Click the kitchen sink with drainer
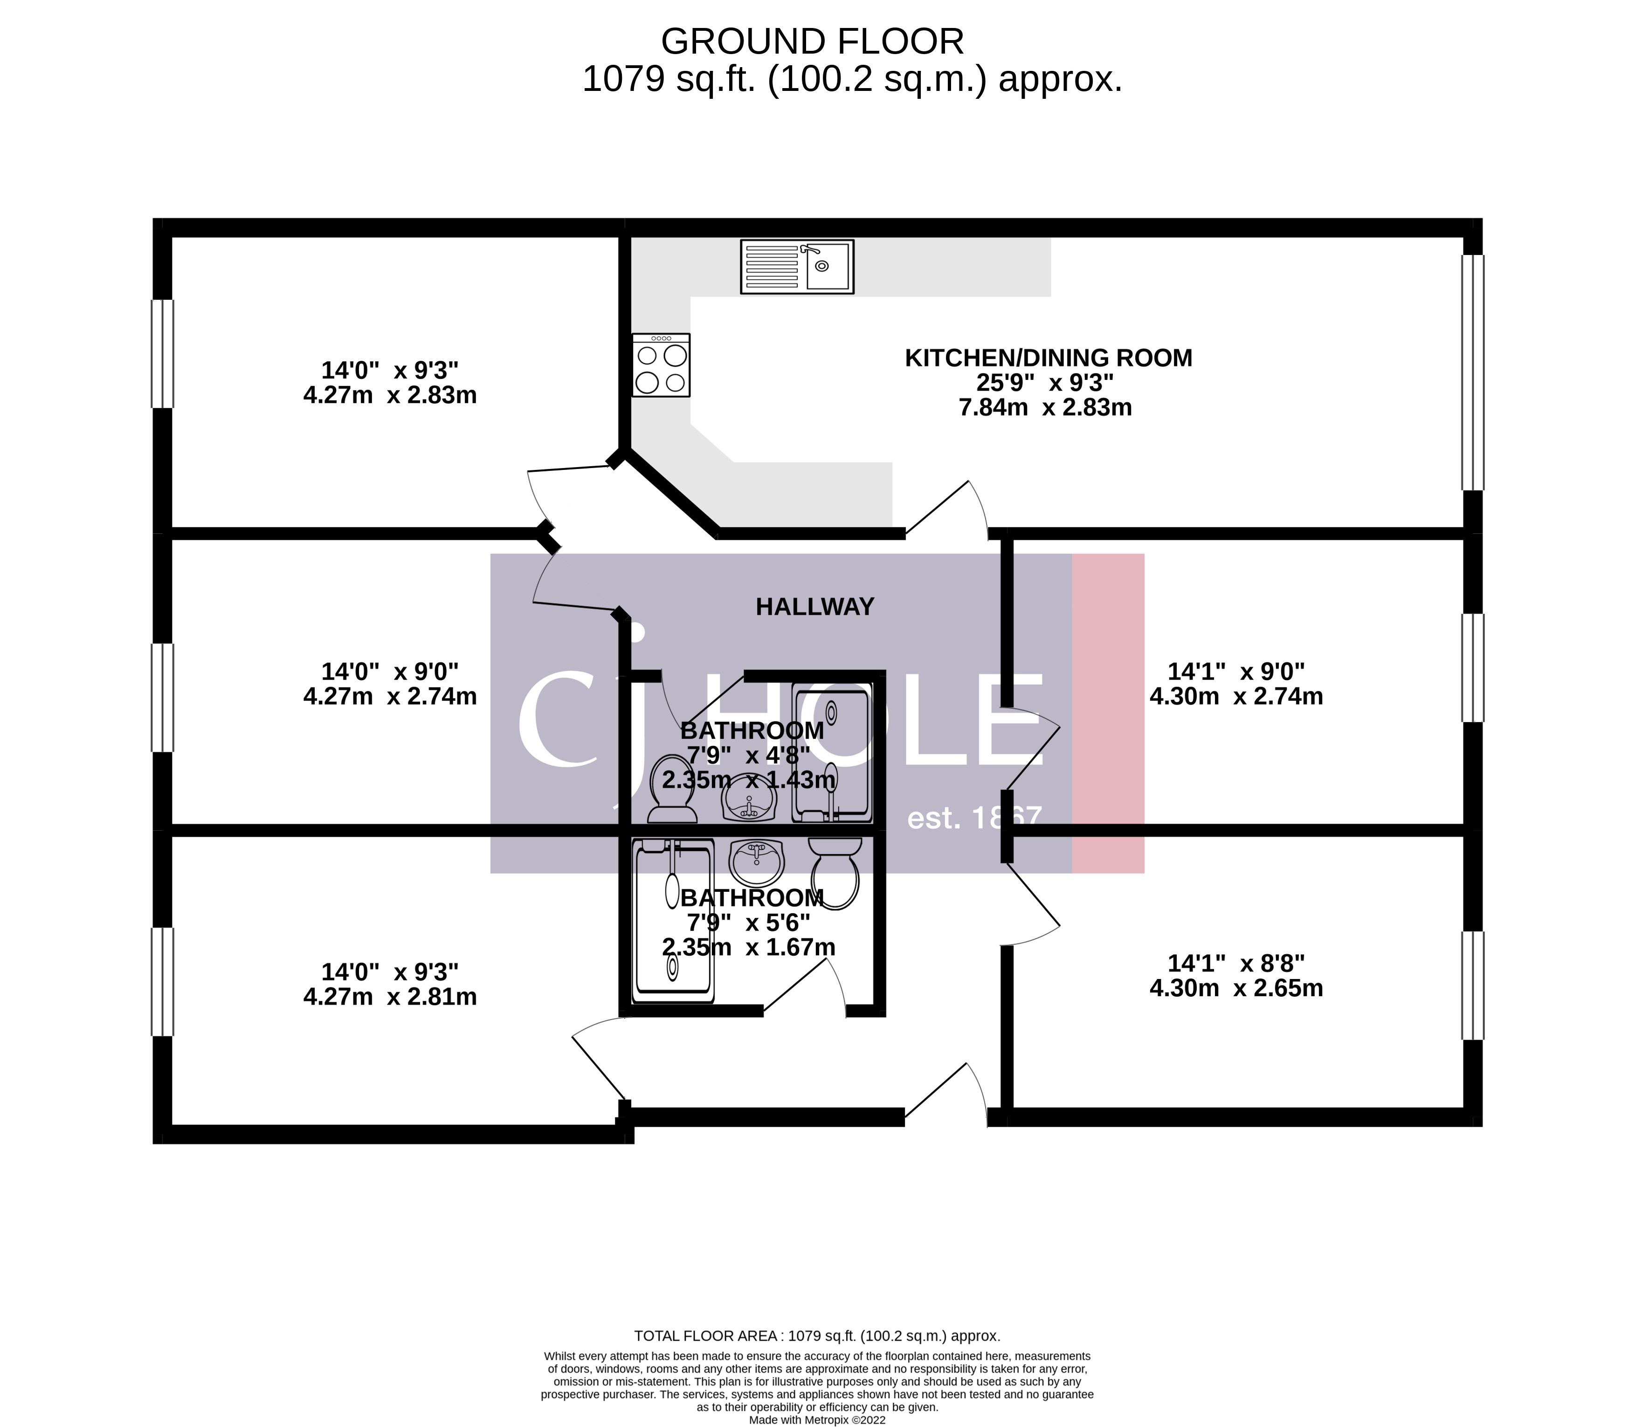point(796,266)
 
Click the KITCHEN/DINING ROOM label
point(1048,358)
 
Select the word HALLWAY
point(815,607)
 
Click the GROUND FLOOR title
point(812,41)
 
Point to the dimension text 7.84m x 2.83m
point(1045,408)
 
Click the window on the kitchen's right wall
point(1473,372)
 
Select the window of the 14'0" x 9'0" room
point(162,697)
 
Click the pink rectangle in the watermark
point(1108,713)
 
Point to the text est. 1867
point(974,818)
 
